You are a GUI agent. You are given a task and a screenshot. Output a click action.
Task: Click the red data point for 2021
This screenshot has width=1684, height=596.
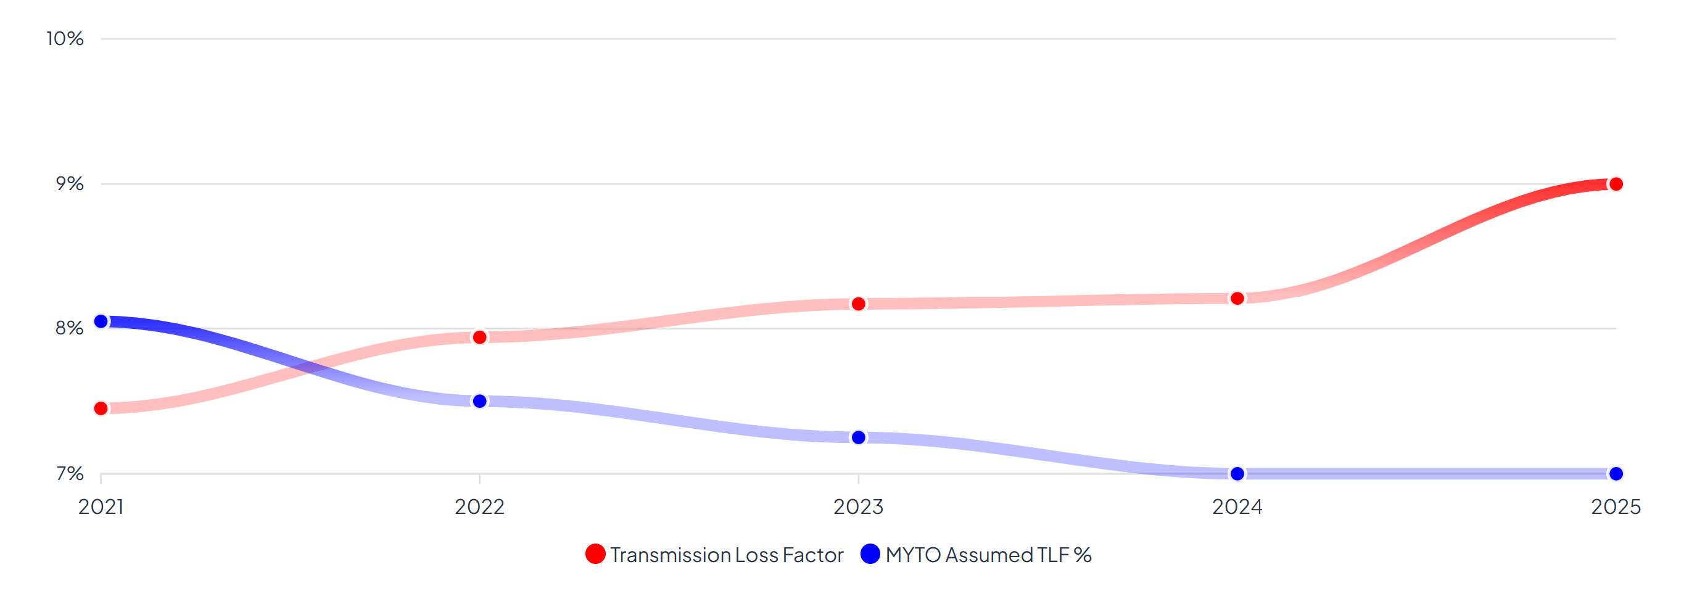101,408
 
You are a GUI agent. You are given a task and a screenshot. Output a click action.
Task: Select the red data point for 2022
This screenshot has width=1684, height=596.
479,337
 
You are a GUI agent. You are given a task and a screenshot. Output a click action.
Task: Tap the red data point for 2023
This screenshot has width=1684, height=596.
858,304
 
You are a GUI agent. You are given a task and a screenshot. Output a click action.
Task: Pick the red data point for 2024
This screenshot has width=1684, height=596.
1237,299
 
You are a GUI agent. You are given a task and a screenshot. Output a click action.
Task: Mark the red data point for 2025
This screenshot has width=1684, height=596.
1616,184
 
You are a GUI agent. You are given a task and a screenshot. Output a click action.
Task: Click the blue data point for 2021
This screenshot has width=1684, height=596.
101,321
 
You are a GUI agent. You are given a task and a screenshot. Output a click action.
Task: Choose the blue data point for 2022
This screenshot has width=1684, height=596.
479,401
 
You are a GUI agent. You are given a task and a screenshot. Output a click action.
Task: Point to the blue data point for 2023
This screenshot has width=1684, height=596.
858,437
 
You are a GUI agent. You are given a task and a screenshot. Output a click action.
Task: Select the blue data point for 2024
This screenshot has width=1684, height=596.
1237,474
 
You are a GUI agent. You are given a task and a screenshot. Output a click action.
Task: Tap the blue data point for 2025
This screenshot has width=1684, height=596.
1616,474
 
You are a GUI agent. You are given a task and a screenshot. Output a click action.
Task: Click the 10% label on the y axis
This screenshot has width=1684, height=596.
65,38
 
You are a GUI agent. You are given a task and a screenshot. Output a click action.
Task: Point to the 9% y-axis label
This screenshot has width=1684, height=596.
69,184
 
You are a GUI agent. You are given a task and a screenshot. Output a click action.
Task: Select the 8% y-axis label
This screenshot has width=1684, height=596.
69,328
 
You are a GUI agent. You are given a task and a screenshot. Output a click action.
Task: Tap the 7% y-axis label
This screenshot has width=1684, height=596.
70,473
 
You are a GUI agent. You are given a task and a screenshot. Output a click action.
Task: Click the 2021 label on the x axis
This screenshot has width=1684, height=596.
101,507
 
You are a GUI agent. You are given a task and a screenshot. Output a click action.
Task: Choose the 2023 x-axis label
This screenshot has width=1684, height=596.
858,507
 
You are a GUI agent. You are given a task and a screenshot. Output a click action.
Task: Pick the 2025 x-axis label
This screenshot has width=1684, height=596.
1616,507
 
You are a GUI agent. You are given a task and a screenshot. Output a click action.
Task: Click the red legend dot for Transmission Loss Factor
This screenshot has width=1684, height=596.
595,554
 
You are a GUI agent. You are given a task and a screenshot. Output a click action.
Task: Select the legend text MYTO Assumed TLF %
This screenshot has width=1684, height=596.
988,555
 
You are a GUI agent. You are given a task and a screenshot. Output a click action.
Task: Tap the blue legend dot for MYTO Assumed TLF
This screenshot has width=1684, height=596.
870,554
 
